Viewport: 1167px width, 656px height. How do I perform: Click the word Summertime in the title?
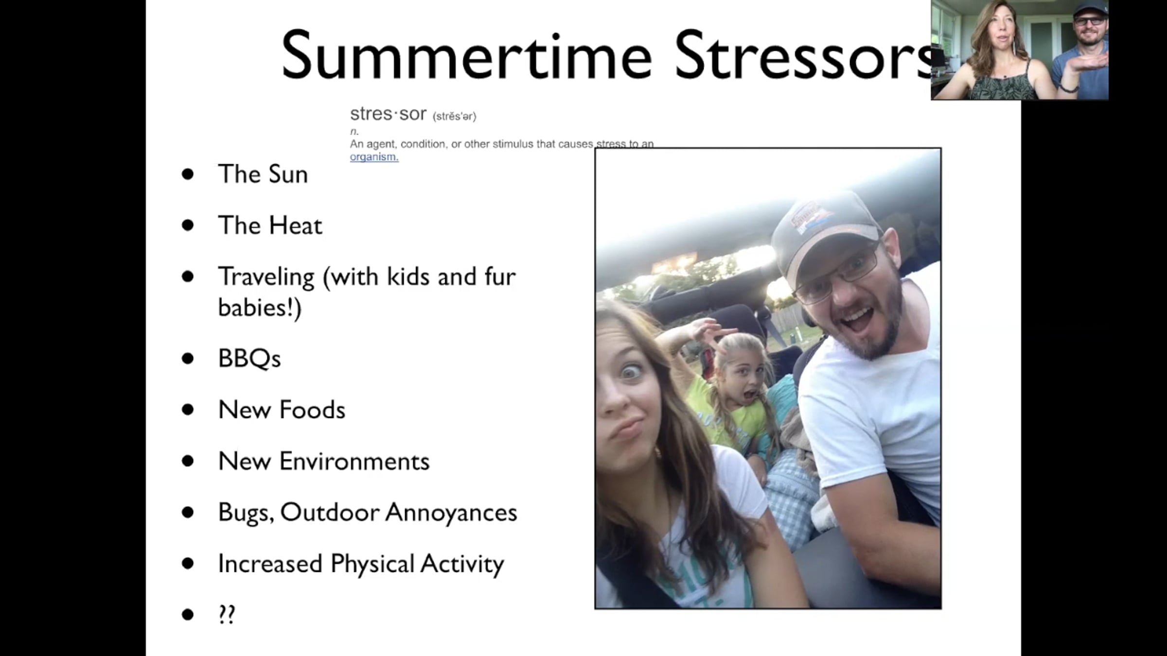[x=466, y=54]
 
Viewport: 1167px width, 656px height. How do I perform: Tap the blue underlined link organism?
[x=374, y=156]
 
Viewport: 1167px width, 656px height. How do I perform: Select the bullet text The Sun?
[x=263, y=174]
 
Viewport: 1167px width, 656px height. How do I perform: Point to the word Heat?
[x=296, y=225]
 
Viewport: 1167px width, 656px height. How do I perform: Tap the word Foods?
[x=312, y=410]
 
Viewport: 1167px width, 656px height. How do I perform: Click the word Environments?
[x=354, y=461]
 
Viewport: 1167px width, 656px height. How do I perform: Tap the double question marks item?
[x=227, y=615]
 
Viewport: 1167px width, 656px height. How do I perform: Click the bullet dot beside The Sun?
[x=188, y=174]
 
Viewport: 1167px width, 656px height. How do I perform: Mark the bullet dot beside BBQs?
[x=188, y=359]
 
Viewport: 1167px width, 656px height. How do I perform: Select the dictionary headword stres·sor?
[x=388, y=114]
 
